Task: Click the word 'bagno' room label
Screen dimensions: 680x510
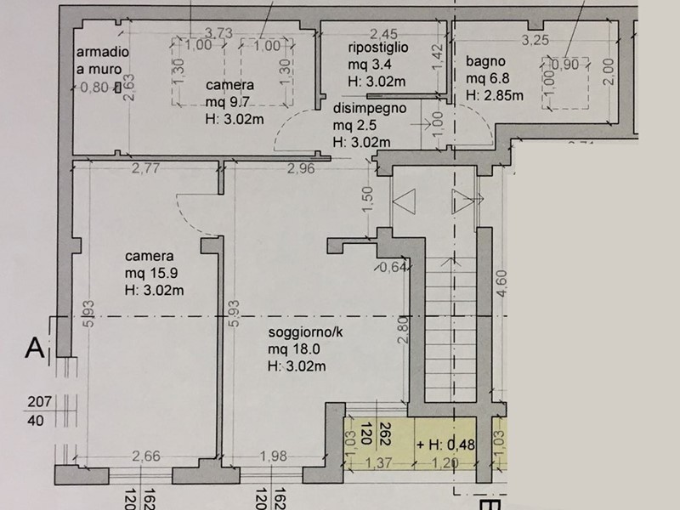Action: pos(485,61)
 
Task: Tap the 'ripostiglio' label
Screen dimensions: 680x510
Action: pos(377,48)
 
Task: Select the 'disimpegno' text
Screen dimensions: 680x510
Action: pos(370,109)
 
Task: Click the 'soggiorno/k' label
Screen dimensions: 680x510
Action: pos(305,332)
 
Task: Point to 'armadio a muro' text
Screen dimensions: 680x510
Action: pos(103,60)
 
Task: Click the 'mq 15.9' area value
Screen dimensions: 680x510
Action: pos(151,273)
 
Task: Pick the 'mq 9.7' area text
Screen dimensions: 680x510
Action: pos(227,102)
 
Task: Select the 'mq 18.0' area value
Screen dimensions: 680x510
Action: pos(294,349)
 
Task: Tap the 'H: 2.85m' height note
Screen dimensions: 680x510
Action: pos(495,95)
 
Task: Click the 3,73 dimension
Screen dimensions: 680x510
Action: pos(218,33)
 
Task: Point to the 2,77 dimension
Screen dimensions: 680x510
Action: pos(145,167)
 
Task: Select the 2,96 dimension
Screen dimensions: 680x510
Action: pos(301,168)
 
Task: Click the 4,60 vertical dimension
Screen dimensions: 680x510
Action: pos(501,283)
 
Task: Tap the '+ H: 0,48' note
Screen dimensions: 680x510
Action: pos(445,445)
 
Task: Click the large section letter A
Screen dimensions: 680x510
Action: pos(35,348)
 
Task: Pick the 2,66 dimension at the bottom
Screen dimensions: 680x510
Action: pos(146,456)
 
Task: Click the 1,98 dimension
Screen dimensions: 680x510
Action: pos(273,456)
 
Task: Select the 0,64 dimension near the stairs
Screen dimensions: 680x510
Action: pos(393,267)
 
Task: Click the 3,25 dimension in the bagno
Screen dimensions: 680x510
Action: pos(535,40)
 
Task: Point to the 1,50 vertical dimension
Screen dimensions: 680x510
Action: pos(368,200)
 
